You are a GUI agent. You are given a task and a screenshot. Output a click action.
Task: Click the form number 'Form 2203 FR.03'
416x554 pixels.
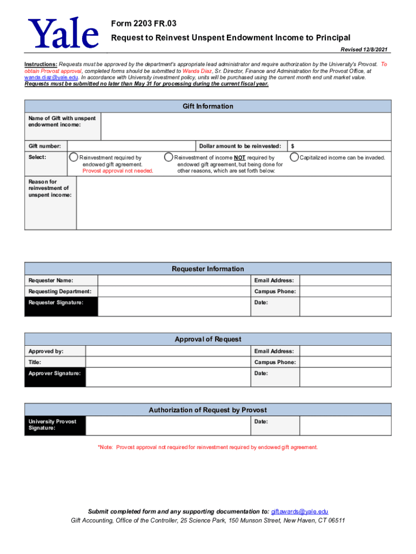pos(144,24)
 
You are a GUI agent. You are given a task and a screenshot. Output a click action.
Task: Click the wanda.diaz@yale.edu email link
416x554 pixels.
pos(52,77)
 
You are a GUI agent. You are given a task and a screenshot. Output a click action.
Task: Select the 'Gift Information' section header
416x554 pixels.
pos(208,106)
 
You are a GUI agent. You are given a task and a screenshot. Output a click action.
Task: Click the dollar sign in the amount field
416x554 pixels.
pos(293,146)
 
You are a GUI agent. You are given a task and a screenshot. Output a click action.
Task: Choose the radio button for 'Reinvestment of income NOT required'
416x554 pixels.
pos(169,157)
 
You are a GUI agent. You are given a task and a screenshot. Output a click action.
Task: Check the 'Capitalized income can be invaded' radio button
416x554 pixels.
pos(294,157)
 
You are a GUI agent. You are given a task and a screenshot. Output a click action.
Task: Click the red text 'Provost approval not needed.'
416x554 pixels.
pos(118,171)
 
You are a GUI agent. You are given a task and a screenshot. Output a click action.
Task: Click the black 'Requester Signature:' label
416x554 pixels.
pos(61,306)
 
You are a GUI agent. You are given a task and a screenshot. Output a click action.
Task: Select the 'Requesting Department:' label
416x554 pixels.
pos(60,292)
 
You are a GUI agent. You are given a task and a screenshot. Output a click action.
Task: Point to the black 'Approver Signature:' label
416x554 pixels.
pos(55,377)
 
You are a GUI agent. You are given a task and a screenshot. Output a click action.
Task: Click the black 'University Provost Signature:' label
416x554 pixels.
pos(55,425)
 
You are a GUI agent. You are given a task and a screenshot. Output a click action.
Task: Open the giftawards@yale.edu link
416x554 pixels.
pos(299,512)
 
